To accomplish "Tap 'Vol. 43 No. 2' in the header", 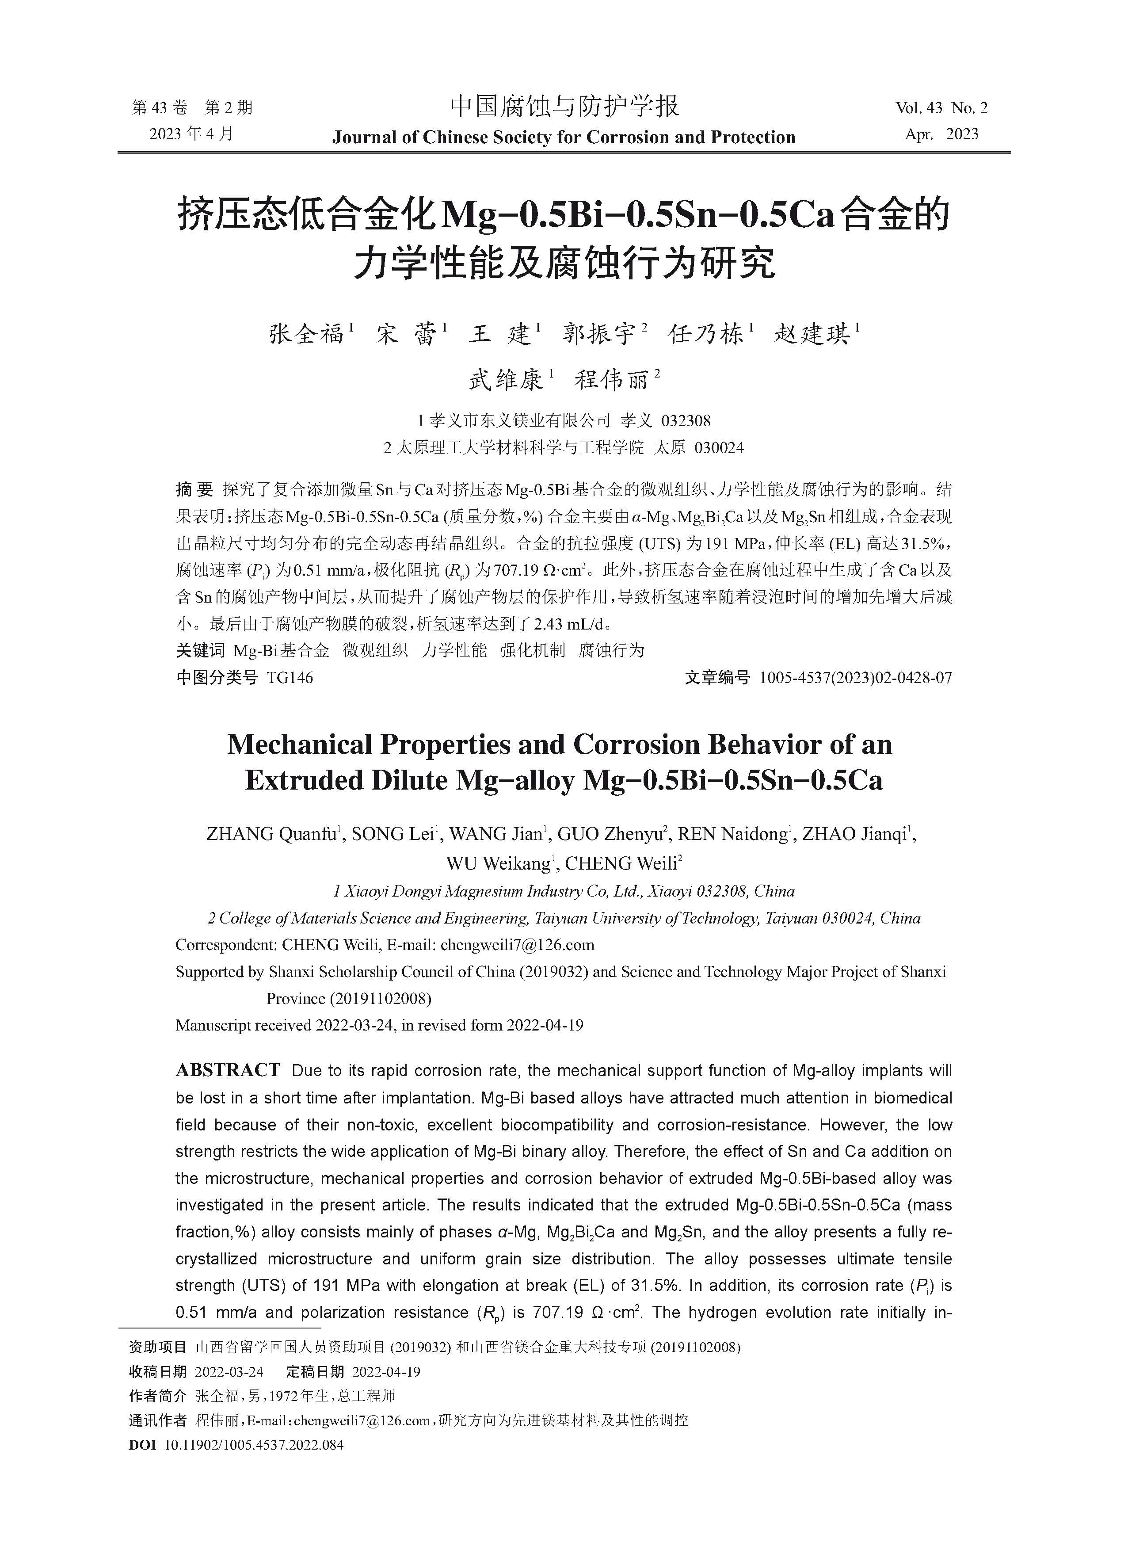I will tap(941, 108).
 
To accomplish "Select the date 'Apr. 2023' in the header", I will tap(941, 134).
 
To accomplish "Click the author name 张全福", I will tap(307, 335).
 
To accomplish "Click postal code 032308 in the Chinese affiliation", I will tap(686, 420).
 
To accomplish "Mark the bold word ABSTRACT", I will tap(227, 1070).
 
